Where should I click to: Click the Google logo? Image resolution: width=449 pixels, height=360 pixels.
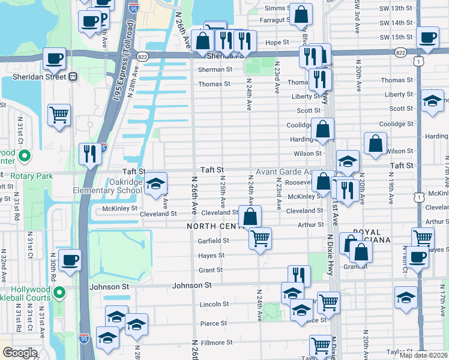click(x=19, y=353)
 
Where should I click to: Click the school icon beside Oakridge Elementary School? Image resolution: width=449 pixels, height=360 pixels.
click(x=155, y=184)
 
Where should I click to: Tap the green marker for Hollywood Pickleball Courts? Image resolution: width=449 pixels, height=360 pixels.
click(x=59, y=293)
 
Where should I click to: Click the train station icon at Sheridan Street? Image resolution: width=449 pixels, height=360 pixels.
click(x=73, y=77)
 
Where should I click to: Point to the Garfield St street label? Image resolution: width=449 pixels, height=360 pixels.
click(x=214, y=241)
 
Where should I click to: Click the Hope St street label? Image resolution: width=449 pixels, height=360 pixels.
click(x=277, y=43)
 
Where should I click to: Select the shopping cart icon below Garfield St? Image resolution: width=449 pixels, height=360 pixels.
click(x=260, y=239)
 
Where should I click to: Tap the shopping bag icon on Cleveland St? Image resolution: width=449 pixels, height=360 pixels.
click(x=250, y=217)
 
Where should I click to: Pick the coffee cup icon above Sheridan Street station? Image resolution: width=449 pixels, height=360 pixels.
click(x=55, y=59)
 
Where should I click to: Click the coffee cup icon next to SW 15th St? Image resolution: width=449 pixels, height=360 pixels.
click(x=427, y=37)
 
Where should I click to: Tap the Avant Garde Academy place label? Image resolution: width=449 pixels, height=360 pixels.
click(x=282, y=172)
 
